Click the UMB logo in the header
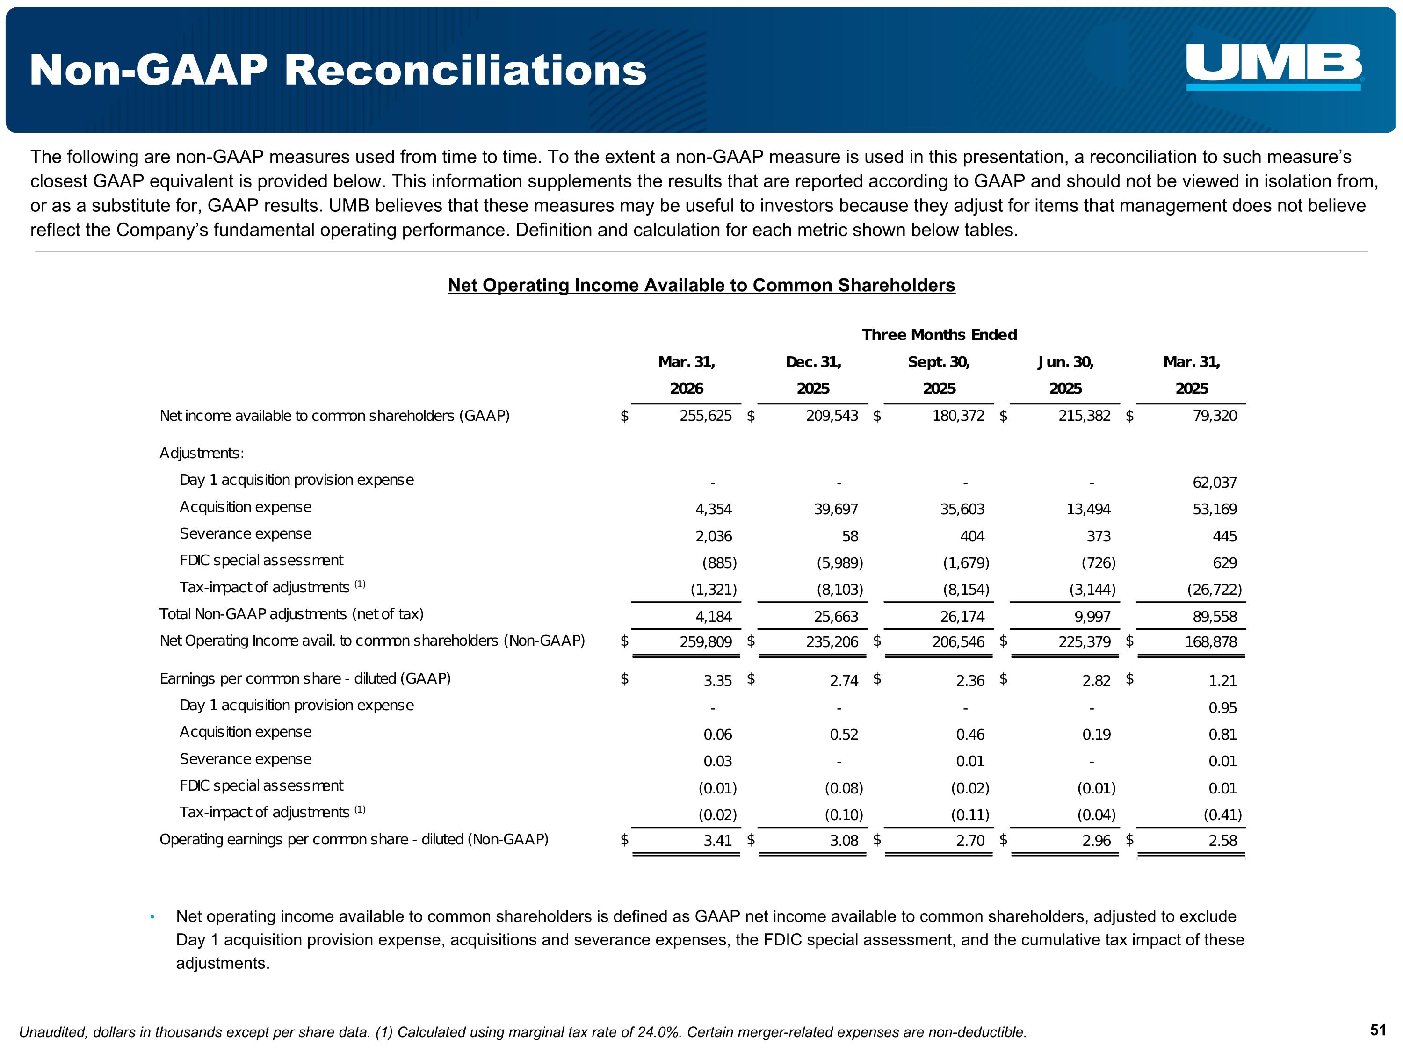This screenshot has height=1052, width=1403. (x=1273, y=66)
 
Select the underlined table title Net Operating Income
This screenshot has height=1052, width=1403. (x=701, y=285)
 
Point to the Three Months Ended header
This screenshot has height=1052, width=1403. (x=939, y=335)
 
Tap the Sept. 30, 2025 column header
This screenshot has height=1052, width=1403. (x=939, y=375)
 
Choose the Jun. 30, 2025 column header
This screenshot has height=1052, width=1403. (x=1065, y=375)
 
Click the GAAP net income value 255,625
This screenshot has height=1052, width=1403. (x=705, y=416)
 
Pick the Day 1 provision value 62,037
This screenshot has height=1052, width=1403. (x=1214, y=483)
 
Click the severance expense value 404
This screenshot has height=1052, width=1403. (x=972, y=536)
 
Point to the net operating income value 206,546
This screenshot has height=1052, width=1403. (x=958, y=642)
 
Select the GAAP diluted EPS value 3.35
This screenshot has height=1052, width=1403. (x=717, y=680)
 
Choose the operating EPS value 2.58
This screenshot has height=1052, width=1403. (x=1222, y=841)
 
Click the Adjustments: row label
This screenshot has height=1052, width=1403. (x=202, y=454)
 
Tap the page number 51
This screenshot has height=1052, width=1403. (x=1378, y=1030)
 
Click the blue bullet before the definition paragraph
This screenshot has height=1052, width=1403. (x=152, y=917)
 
